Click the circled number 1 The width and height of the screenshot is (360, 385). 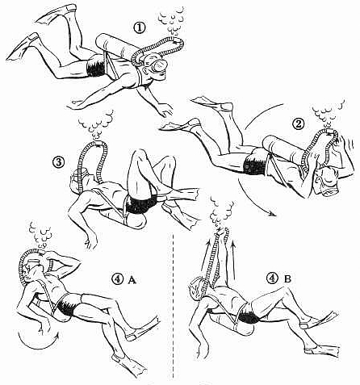(x=140, y=28)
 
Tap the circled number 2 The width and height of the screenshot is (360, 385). (x=298, y=124)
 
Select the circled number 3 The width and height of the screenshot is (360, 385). (x=59, y=162)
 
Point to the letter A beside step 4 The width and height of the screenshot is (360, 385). (x=132, y=280)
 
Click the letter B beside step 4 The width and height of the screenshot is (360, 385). (x=287, y=279)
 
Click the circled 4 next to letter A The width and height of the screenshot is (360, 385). (x=118, y=279)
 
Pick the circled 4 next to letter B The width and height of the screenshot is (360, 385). (x=272, y=278)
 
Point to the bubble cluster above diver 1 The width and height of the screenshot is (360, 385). (x=172, y=21)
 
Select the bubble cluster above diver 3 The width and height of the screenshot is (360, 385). (x=96, y=123)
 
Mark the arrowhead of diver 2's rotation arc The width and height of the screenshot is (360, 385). (x=273, y=214)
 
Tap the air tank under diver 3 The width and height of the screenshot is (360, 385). (x=124, y=216)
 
